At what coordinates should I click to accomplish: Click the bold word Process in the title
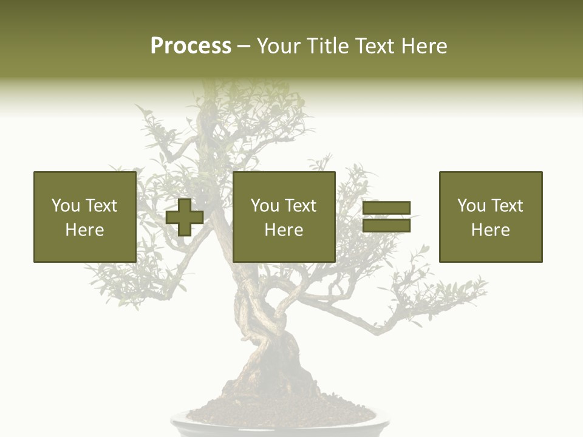click(x=191, y=46)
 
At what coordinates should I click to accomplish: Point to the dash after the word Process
click(x=244, y=47)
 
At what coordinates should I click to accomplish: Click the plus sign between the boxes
click(x=185, y=217)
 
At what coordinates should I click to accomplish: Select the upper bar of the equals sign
click(x=386, y=208)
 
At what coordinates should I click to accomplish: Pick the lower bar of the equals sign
click(x=386, y=226)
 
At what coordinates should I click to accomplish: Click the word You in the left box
click(x=65, y=206)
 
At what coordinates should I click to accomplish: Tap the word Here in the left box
click(x=84, y=230)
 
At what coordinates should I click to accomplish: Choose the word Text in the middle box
click(x=301, y=206)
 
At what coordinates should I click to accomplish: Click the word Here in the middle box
click(x=284, y=230)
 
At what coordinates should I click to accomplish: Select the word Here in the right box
click(x=490, y=230)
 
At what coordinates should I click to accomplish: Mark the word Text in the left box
click(x=102, y=206)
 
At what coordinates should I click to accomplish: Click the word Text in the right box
click(x=508, y=206)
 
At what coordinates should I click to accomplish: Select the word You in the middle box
click(x=264, y=206)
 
